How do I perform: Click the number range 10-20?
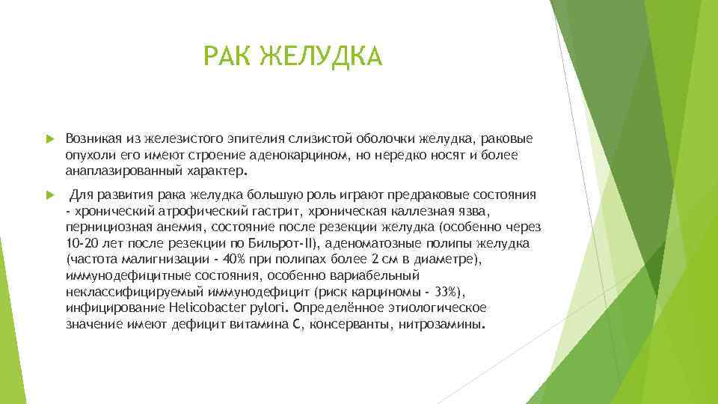[82, 243]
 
